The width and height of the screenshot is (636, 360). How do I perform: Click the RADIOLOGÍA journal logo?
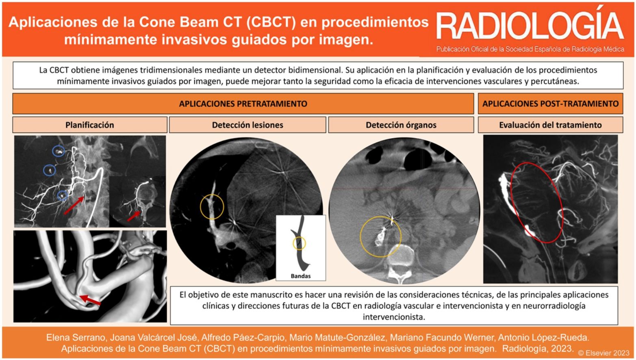pos(530,26)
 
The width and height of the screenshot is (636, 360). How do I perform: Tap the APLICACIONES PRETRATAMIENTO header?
pos(243,104)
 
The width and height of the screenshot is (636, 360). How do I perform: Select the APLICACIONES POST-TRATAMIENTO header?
pos(550,104)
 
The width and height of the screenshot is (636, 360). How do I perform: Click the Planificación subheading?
pos(90,125)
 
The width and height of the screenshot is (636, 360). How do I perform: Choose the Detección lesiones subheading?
pos(247,125)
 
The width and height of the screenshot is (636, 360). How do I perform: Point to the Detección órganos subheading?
pos(401,125)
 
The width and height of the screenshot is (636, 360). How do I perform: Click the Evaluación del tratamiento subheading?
pos(550,125)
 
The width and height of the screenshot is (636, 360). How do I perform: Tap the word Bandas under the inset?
pos(301,276)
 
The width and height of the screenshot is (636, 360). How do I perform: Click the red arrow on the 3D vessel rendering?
pos(90,300)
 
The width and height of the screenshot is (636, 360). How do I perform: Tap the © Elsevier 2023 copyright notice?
pos(604,353)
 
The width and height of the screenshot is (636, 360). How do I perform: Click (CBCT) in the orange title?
pos(271,22)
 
